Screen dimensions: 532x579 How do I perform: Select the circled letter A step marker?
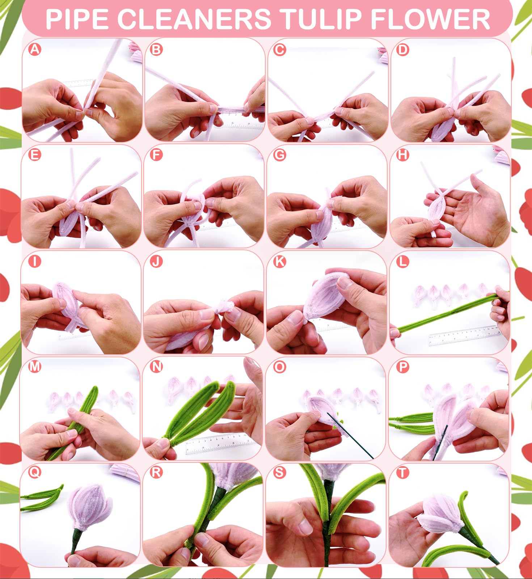[35, 49]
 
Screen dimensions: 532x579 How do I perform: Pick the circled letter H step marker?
[402, 155]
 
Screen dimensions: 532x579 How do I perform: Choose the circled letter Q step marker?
[34, 472]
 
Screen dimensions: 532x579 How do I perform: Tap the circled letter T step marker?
[402, 473]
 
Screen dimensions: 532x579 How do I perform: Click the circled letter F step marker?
[156, 155]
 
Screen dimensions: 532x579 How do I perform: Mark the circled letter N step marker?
[156, 367]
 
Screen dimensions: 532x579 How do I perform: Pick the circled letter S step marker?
[279, 472]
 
